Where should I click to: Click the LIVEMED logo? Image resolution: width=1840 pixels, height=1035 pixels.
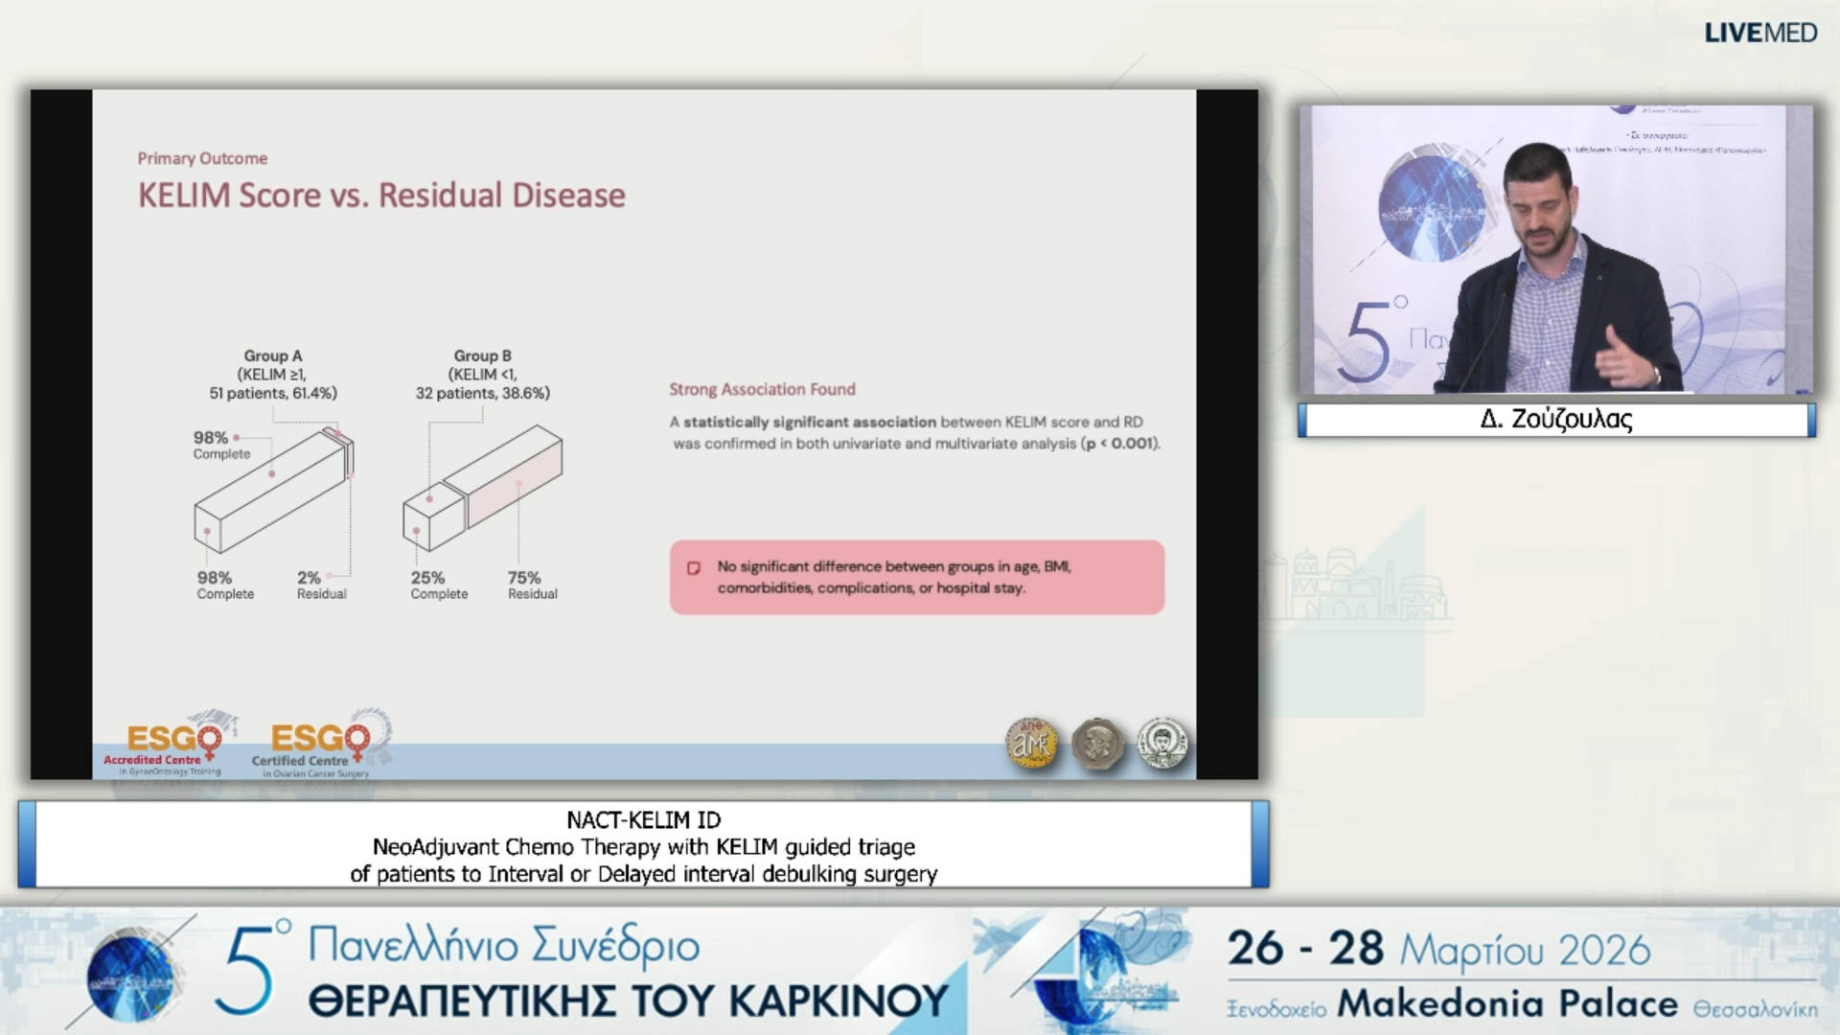tap(1759, 33)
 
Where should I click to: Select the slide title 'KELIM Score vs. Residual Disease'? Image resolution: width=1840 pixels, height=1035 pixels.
tap(381, 195)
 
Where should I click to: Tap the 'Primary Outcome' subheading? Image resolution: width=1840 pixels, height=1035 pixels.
tap(202, 158)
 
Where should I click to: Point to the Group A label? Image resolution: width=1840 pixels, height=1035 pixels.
tap(273, 356)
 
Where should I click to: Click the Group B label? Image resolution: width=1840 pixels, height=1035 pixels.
tap(482, 356)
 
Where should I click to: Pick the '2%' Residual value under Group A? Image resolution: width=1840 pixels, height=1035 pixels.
tap(309, 578)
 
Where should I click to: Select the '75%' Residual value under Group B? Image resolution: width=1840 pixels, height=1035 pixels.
tap(524, 578)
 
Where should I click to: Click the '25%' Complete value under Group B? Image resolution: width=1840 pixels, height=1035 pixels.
tap(427, 578)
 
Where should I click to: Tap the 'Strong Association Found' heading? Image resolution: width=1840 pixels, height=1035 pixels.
tap(762, 389)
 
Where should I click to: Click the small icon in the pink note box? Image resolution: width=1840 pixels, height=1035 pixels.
tap(694, 568)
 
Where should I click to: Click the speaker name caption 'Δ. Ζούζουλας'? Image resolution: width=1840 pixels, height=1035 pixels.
tap(1555, 420)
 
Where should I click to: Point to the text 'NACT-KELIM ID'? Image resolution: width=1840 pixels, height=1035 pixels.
tap(643, 820)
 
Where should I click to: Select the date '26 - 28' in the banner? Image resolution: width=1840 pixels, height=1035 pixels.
tap(1305, 949)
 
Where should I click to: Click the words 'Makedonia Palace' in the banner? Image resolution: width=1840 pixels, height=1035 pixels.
tap(1507, 1004)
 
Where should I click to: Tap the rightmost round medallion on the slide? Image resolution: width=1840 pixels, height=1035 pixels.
tap(1161, 744)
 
